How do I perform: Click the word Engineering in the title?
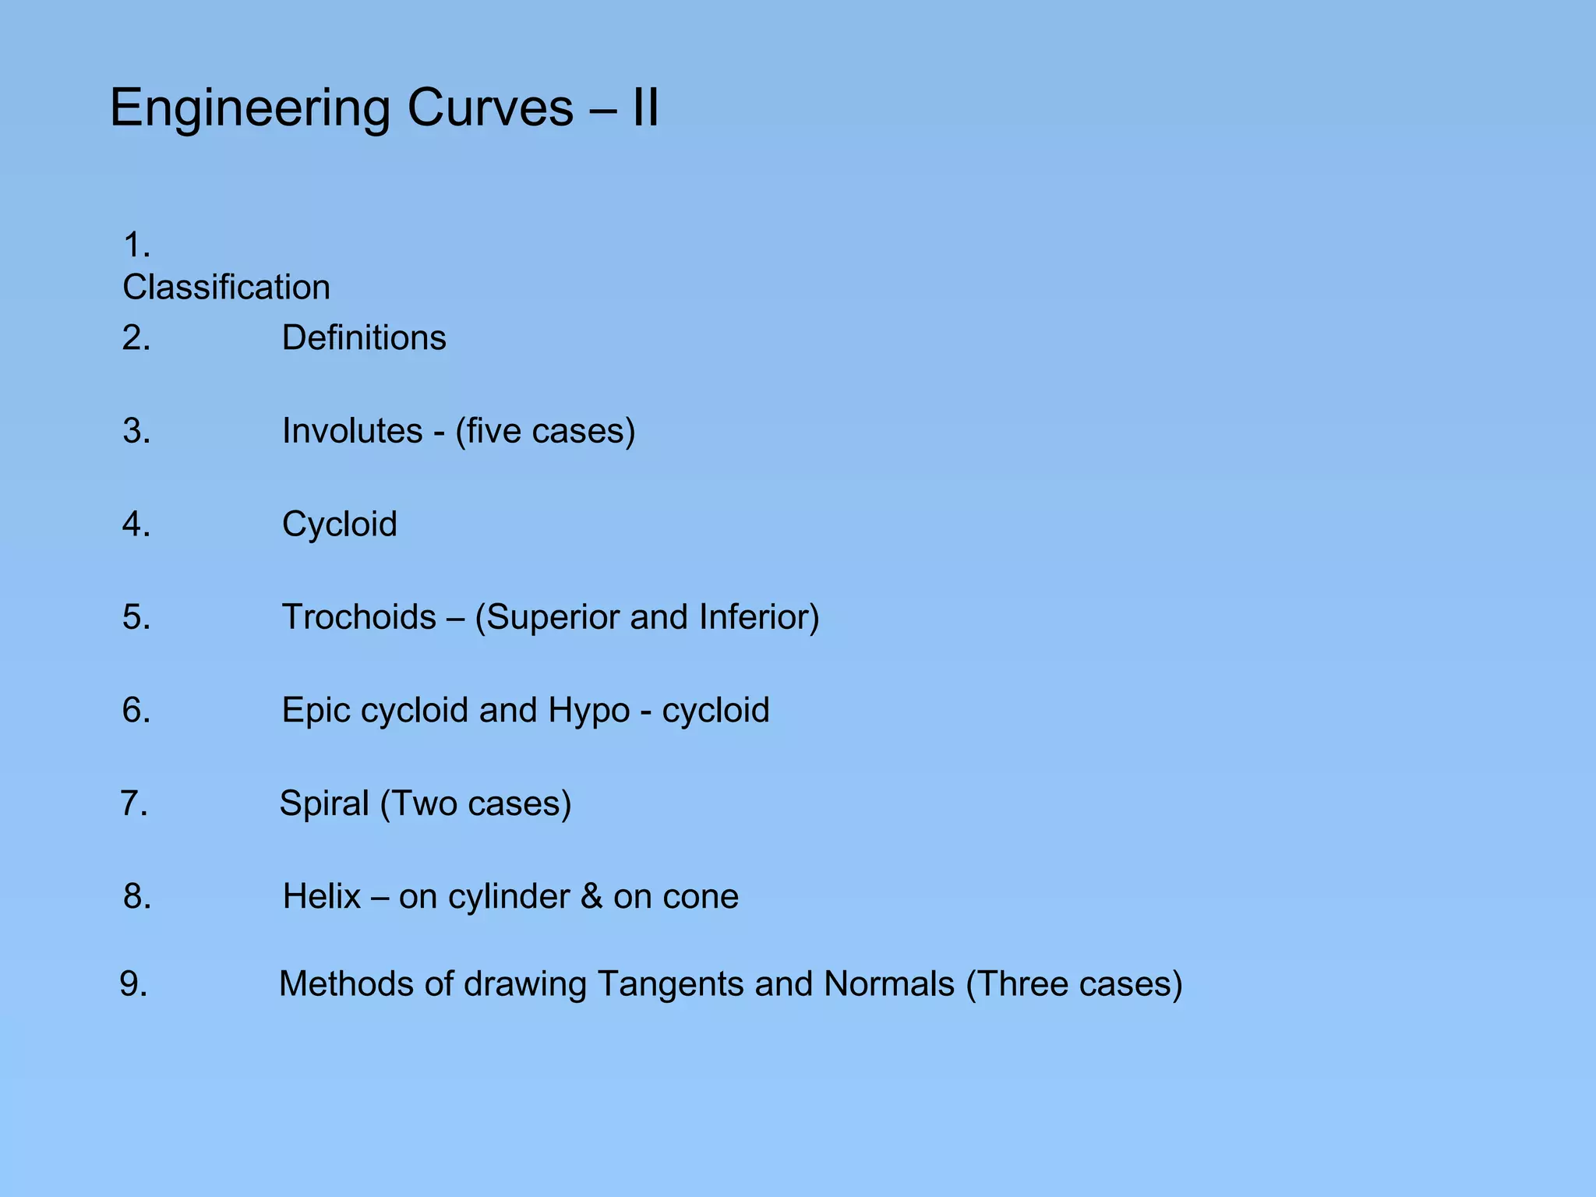coord(249,108)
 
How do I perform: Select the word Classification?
coord(226,288)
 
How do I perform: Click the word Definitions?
coord(364,338)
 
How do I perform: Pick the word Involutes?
coord(352,431)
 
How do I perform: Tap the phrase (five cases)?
coord(546,431)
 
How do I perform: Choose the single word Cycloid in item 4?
coord(340,524)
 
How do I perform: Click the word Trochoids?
coord(359,617)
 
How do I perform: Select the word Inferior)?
coord(759,617)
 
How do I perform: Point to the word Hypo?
coord(589,710)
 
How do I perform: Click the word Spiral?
coord(324,803)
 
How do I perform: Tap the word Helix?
coord(322,896)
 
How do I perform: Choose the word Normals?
coord(889,984)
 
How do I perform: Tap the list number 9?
coord(134,984)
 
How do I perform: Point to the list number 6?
coord(136,710)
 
